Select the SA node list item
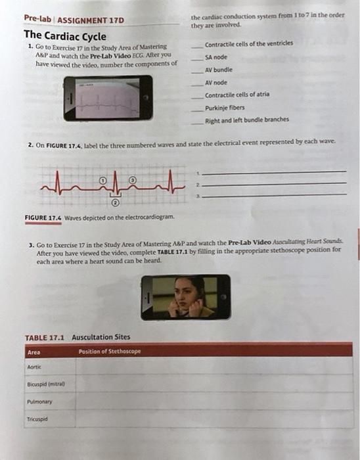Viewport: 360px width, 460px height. [217, 57]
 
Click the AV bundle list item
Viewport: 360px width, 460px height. [219, 70]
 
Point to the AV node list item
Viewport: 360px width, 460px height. [217, 82]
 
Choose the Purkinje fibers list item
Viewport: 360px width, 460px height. [225, 107]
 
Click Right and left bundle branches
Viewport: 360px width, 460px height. [246, 120]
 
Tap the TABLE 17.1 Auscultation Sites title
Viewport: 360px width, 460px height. [78, 337]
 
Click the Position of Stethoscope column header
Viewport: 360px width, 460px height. [109, 352]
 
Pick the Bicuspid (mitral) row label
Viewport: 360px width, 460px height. [41, 384]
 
